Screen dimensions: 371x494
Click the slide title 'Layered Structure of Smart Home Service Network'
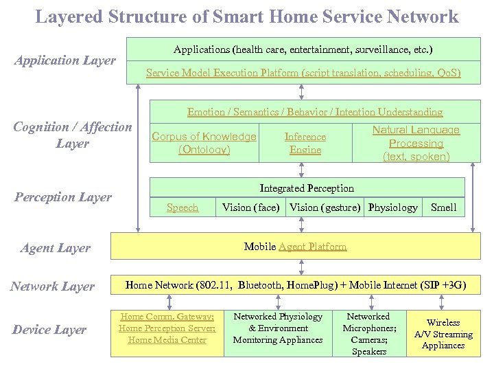pos(247,16)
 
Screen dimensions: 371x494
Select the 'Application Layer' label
pos(65,60)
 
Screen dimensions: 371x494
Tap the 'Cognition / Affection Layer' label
pos(73,135)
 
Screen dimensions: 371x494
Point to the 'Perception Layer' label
pos(62,197)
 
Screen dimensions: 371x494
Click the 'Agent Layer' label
pos(56,248)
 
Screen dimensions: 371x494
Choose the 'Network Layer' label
pos(52,286)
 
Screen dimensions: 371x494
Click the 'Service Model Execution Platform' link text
pos(303,73)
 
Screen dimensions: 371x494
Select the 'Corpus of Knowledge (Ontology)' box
pos(204,143)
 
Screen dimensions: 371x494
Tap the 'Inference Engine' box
pos(305,143)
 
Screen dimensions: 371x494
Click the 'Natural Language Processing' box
pos(416,143)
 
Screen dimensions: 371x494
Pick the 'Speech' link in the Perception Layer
pos(183,207)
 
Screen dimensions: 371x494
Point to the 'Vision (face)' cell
pos(250,207)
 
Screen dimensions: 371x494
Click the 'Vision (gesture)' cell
pos(325,207)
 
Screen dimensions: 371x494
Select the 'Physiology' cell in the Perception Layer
pos(392,207)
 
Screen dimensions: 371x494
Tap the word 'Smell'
pos(443,207)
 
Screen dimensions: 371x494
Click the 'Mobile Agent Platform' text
pos(296,247)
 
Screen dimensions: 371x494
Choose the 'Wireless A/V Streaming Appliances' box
pos(443,334)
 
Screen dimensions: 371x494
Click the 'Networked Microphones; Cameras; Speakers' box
pos(369,334)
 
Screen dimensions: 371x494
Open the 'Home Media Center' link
pos(167,340)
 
